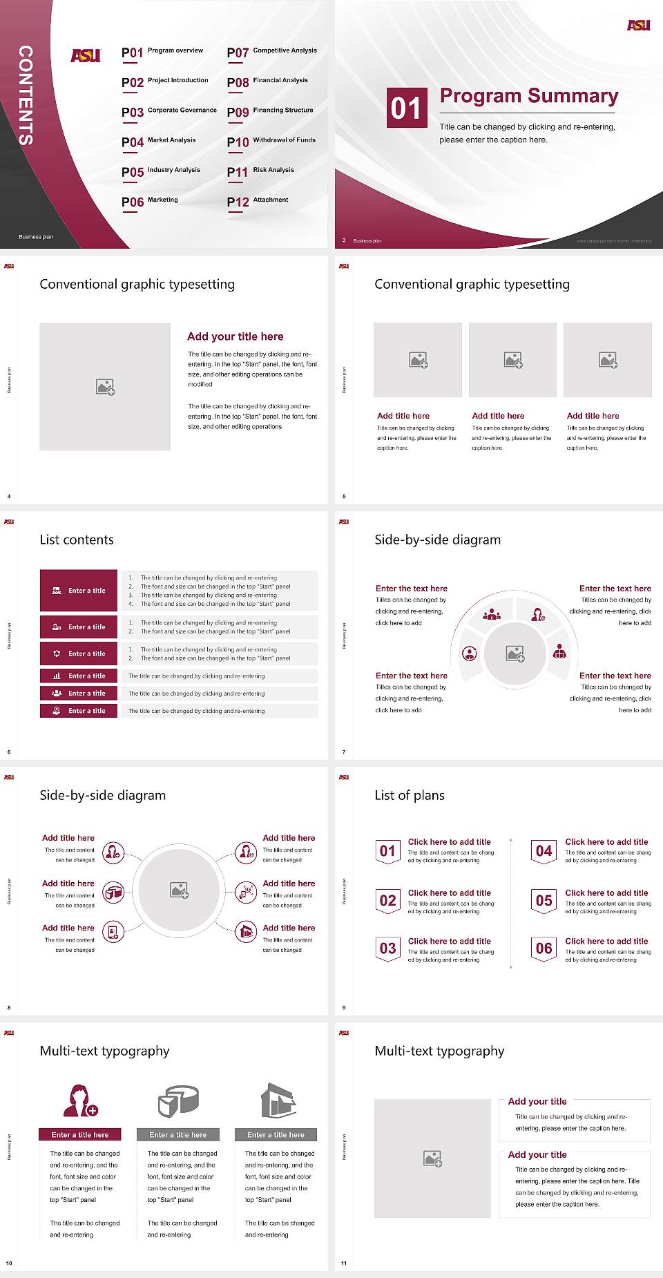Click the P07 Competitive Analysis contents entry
pos(271,52)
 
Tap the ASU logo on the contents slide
pos(86,55)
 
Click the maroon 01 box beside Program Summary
pos(406,108)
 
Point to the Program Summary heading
pos(528,96)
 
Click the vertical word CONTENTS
pos(26,95)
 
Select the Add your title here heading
pos(235,336)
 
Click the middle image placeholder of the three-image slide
pos(512,360)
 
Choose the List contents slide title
pos(77,540)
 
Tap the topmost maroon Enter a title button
pos(79,591)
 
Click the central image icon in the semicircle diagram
pos(515,654)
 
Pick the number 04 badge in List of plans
pos(544,851)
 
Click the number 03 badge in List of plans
pos(388,948)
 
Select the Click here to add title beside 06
pos(606,941)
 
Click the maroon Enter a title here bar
pos(80,1134)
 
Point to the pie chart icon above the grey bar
pos(178,1100)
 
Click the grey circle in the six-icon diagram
pos(180,890)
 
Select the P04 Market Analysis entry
pos(159,142)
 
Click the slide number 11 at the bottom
pos(344,1263)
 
